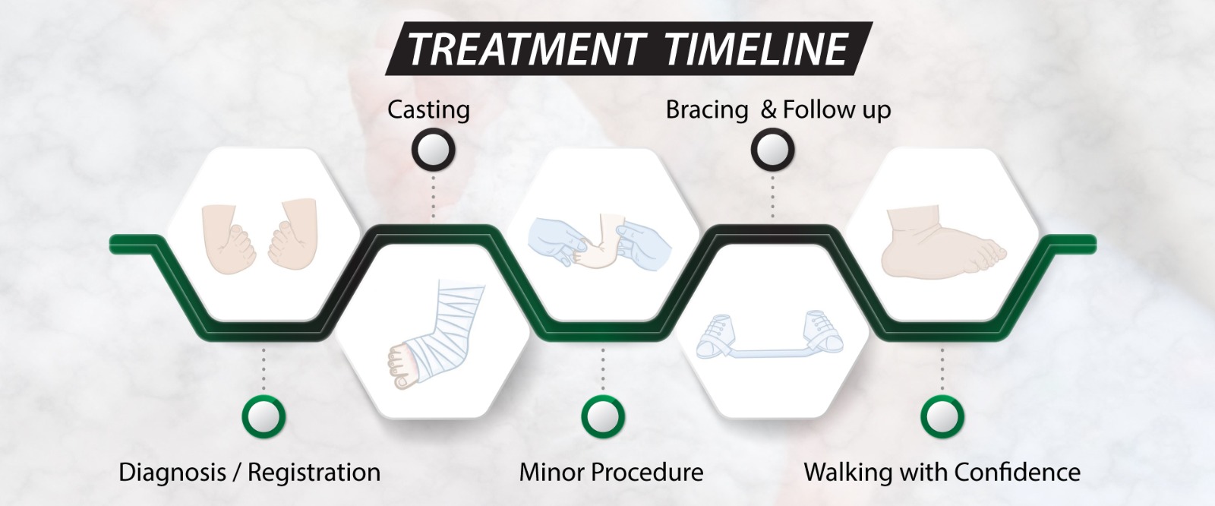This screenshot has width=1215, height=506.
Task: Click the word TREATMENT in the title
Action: coord(527,49)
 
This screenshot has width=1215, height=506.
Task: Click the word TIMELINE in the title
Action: coord(755,49)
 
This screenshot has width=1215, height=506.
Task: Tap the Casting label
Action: coord(428,110)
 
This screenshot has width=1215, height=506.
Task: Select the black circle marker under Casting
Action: coord(433,150)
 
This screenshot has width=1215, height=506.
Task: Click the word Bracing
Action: coord(707,110)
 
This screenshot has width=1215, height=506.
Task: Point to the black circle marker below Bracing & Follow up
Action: coord(772,150)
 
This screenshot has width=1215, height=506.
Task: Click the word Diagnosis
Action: coord(172,473)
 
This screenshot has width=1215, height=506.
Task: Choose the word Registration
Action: coord(314,473)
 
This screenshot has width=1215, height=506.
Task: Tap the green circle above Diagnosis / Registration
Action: coord(263,416)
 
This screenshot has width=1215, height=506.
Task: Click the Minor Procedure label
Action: coord(611,473)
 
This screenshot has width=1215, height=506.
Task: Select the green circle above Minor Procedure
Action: coord(603,416)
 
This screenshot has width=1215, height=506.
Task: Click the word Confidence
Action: coord(1018,473)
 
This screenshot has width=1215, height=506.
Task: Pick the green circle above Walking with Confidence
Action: coord(942,416)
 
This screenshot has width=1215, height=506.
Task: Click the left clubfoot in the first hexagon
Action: coord(229,238)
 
